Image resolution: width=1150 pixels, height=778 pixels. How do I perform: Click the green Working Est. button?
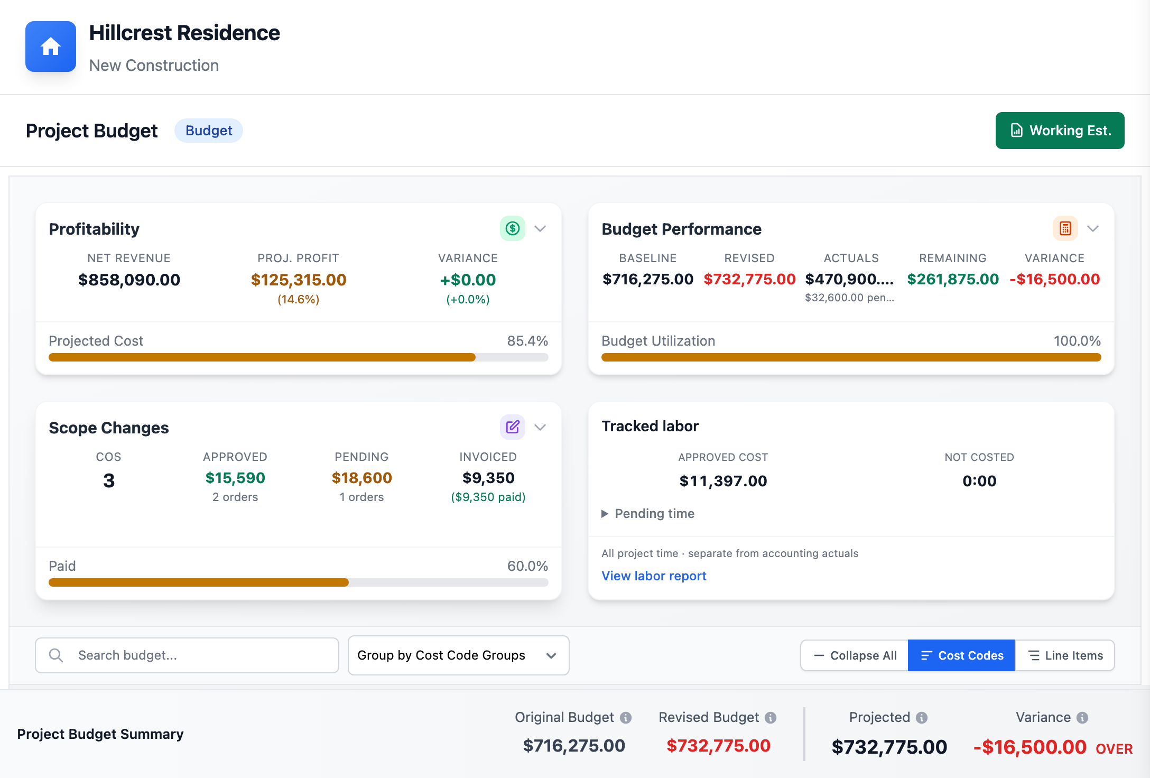click(1060, 131)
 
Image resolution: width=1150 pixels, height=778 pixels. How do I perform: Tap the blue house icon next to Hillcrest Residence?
click(51, 47)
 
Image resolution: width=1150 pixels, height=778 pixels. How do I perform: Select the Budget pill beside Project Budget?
click(209, 131)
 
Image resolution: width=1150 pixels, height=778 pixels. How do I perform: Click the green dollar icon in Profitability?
click(513, 228)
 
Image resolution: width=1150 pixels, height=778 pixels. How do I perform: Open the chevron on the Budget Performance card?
click(1093, 228)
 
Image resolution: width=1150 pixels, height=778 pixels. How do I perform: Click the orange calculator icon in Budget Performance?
click(1065, 228)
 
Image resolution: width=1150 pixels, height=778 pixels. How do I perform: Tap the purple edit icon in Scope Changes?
click(513, 427)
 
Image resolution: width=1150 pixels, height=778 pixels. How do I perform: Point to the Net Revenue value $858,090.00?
click(129, 280)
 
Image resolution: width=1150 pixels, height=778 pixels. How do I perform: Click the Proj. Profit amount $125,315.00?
click(299, 280)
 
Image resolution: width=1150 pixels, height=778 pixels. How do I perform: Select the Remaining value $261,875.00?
click(953, 279)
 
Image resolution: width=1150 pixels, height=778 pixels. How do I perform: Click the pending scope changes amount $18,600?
click(362, 478)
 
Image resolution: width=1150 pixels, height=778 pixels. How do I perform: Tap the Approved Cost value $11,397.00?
click(723, 481)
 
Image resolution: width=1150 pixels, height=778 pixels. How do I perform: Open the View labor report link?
click(654, 576)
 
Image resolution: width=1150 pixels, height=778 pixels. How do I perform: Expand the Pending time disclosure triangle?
click(605, 514)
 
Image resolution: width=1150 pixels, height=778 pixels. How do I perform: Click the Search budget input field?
click(187, 655)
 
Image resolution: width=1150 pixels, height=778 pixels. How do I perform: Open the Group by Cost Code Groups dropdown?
click(458, 655)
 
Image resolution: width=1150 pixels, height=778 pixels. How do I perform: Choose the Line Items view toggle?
click(1065, 655)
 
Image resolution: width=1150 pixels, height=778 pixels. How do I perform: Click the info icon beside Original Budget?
click(626, 718)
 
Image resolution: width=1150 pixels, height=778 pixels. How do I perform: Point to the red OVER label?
click(1114, 748)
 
